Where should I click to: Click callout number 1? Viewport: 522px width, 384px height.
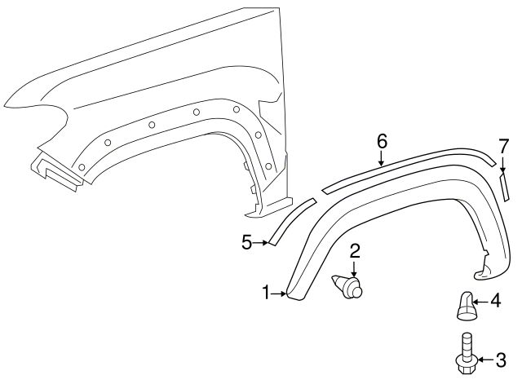click(x=266, y=292)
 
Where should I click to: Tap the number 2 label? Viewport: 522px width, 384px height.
click(x=355, y=251)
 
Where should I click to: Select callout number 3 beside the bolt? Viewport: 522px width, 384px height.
click(x=501, y=359)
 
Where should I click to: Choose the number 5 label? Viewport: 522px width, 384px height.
click(x=247, y=242)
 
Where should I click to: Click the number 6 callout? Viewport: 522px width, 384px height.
click(x=382, y=140)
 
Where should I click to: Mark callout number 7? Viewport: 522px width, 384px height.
click(x=503, y=147)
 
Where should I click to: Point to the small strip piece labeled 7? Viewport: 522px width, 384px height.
click(x=504, y=187)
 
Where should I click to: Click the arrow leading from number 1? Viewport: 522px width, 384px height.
click(x=279, y=293)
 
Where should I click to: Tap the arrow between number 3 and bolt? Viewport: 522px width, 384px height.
click(x=484, y=359)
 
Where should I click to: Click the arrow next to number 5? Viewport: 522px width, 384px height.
click(x=261, y=242)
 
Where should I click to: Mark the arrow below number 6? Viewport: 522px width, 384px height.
click(x=382, y=158)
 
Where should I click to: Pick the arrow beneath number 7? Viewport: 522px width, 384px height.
click(x=503, y=165)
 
